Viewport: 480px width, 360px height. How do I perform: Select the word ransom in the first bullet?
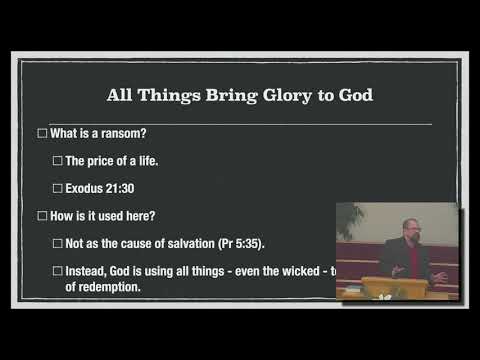(x=123, y=133)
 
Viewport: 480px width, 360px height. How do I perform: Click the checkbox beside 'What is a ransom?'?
(x=42, y=133)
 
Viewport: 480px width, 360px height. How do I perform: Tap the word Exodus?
(x=86, y=188)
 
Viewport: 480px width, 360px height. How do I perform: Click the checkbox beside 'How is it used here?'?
(x=42, y=215)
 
